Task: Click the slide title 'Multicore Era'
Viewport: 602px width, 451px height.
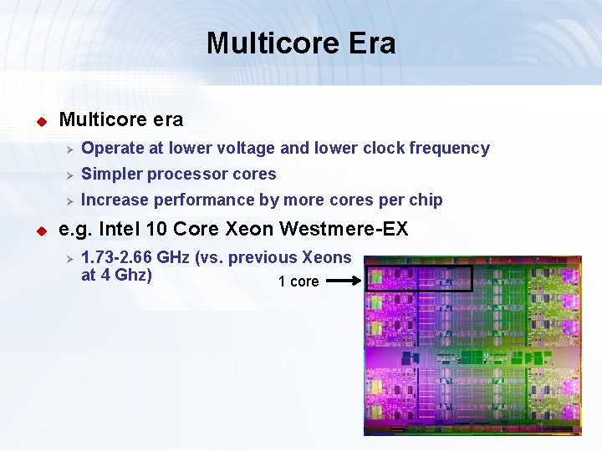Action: click(x=301, y=43)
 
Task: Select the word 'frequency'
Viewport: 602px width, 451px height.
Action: click(x=449, y=149)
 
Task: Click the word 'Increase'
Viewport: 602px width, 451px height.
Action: click(x=115, y=200)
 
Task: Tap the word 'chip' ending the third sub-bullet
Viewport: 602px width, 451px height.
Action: click(x=425, y=200)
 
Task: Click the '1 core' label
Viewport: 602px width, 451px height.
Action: click(x=298, y=282)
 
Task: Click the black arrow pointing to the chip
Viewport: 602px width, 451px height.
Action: click(x=343, y=282)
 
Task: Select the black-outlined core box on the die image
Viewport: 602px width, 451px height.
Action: click(x=419, y=279)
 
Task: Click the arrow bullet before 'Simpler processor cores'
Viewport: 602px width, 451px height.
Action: click(x=71, y=175)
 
